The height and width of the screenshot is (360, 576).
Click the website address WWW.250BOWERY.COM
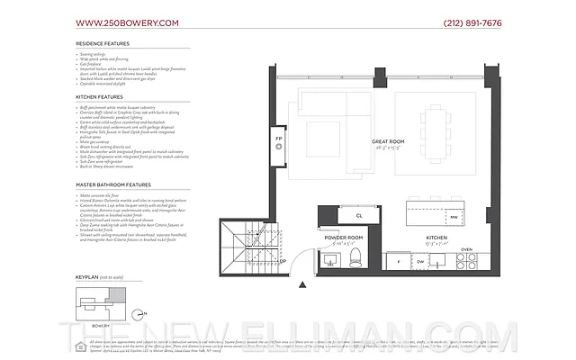[x=127, y=22]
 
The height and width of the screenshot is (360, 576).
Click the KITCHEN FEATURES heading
[x=100, y=94]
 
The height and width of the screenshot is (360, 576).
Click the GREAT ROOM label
[x=389, y=142]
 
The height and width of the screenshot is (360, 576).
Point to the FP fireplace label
[x=278, y=142]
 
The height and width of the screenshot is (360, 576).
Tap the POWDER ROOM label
[x=343, y=238]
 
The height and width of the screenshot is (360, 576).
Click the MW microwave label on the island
[x=454, y=217]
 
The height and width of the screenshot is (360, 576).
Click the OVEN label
[x=465, y=249]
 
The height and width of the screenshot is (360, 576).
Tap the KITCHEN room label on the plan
[x=436, y=238]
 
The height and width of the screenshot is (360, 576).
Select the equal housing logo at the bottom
[x=81, y=346]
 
